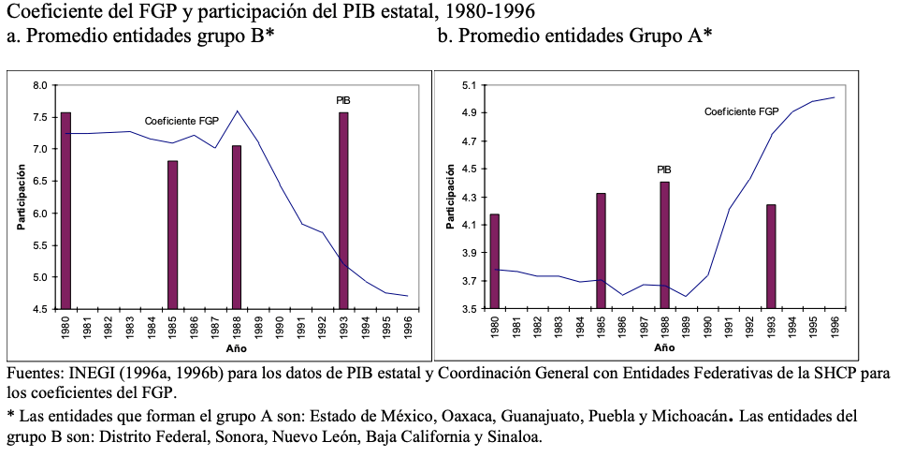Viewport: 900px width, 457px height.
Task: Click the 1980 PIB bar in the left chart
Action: (x=65, y=211)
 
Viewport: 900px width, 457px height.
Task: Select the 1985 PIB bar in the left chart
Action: (x=173, y=234)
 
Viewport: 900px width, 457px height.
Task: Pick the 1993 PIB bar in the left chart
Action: (x=344, y=211)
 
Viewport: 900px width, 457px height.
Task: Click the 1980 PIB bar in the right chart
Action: (x=495, y=261)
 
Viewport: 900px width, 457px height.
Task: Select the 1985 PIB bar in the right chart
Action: (x=601, y=251)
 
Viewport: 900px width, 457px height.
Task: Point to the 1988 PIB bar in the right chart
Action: (x=664, y=245)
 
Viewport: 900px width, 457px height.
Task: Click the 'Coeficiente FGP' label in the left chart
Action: (x=181, y=122)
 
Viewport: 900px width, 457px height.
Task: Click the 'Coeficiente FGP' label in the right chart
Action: (x=741, y=111)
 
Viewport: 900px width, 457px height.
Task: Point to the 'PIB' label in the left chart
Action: (x=343, y=100)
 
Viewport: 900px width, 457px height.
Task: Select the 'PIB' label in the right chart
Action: (x=663, y=170)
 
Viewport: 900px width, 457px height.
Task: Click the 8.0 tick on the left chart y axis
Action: (x=39, y=86)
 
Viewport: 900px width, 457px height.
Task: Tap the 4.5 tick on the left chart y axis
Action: (x=39, y=309)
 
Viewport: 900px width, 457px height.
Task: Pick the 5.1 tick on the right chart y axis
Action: (x=470, y=86)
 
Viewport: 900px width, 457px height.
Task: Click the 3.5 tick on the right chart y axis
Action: (x=470, y=309)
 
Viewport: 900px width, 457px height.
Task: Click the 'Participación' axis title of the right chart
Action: (x=451, y=197)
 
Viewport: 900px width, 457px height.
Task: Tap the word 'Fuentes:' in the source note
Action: (x=35, y=374)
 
